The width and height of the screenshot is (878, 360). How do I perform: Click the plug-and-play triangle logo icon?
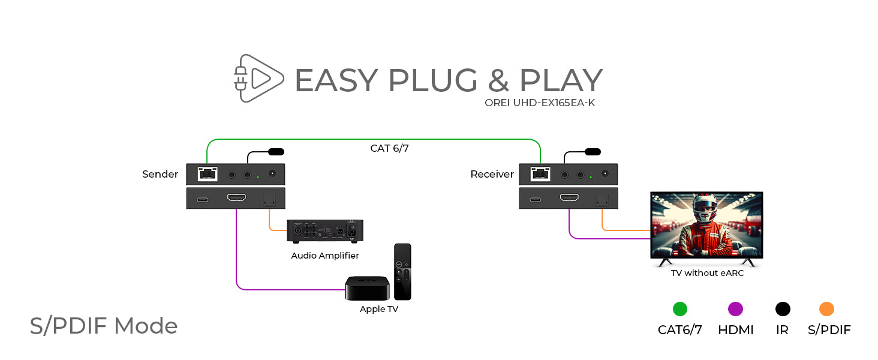tap(258, 78)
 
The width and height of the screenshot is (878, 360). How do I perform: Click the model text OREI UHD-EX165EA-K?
tap(540, 103)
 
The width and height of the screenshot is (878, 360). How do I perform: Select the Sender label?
tap(160, 175)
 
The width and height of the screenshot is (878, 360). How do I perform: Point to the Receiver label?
tap(492, 175)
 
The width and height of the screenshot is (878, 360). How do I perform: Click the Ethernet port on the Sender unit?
tap(208, 175)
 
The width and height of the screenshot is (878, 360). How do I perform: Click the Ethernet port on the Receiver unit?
tap(540, 175)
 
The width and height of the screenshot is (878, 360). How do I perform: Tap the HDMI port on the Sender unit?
tap(236, 198)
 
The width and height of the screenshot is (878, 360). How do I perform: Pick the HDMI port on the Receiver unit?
tap(569, 198)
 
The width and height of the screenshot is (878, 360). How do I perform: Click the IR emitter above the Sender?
tap(276, 152)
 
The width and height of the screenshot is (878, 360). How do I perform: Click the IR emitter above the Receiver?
tap(593, 152)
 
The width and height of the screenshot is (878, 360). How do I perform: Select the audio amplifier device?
tap(325, 231)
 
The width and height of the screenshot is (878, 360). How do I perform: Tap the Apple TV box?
tap(367, 288)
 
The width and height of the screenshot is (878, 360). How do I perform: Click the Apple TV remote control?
tap(402, 271)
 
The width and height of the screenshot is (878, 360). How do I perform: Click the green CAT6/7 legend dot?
tap(679, 309)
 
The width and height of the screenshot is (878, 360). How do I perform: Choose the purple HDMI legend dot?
tap(735, 309)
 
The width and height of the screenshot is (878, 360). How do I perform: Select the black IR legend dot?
tap(783, 309)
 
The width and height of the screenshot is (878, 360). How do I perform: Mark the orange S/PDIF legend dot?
tap(826, 309)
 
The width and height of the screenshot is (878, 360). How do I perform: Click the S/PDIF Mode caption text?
tap(104, 326)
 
